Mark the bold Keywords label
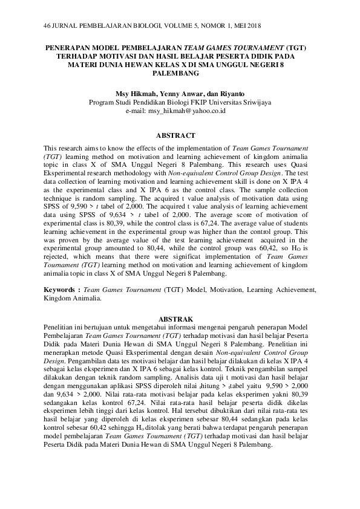62,290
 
